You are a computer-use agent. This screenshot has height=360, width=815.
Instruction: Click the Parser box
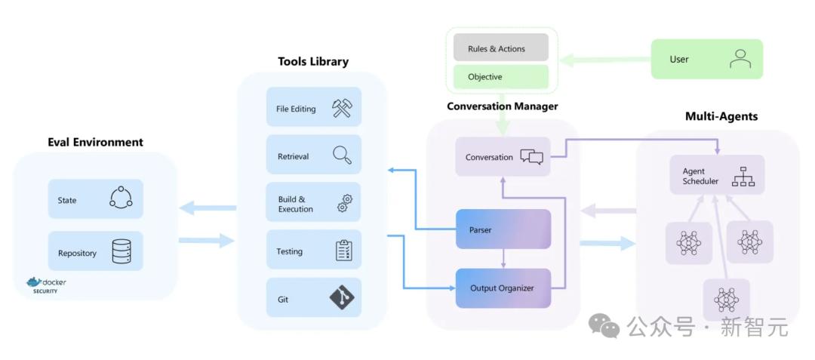[503, 229]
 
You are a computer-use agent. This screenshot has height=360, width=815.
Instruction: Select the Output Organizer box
[503, 288]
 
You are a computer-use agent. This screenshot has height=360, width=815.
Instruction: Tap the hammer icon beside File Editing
[342, 108]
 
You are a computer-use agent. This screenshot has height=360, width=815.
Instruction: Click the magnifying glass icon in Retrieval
[342, 155]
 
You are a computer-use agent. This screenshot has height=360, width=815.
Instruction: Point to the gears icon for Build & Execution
[344, 203]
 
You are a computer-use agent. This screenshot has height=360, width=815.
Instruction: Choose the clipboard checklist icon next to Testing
[344, 251]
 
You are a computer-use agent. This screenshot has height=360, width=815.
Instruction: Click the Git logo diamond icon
[342, 298]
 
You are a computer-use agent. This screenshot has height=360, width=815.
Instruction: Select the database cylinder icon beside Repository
[121, 251]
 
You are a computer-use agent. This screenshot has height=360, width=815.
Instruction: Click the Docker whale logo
[34, 282]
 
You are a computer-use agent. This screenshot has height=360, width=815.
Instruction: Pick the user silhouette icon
[740, 59]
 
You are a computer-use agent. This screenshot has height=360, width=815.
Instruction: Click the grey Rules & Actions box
[501, 48]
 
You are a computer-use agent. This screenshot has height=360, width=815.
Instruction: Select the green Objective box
[501, 77]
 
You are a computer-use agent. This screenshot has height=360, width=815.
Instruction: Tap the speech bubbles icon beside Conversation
[532, 157]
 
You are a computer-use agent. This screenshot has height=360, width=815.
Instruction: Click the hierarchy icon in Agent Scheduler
[743, 177]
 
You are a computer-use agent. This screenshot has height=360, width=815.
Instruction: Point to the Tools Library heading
[313, 61]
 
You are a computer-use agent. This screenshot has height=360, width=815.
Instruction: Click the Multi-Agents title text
[721, 116]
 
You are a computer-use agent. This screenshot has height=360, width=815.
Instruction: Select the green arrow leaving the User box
[605, 59]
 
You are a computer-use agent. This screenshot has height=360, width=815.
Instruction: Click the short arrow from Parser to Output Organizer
[503, 259]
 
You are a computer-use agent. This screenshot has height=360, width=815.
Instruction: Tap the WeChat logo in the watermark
[604, 326]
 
